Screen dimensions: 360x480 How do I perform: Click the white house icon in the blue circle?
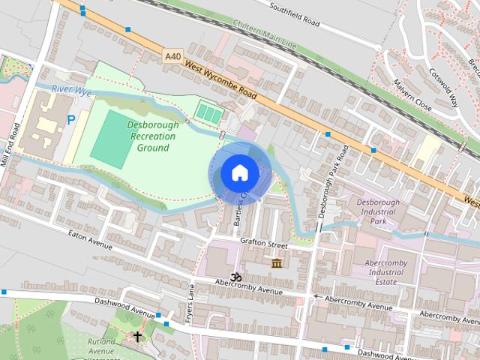point(239,173)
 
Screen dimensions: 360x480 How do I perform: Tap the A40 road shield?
point(173,55)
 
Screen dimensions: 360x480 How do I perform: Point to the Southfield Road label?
point(295,14)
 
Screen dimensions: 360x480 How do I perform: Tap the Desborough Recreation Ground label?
point(152,136)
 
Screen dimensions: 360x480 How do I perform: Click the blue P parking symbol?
point(71,119)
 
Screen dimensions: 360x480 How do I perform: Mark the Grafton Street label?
point(264,244)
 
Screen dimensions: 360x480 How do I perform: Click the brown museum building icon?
point(277,263)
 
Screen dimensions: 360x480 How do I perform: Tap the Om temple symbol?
point(237,277)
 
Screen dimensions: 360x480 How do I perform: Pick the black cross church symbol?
point(137,337)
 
